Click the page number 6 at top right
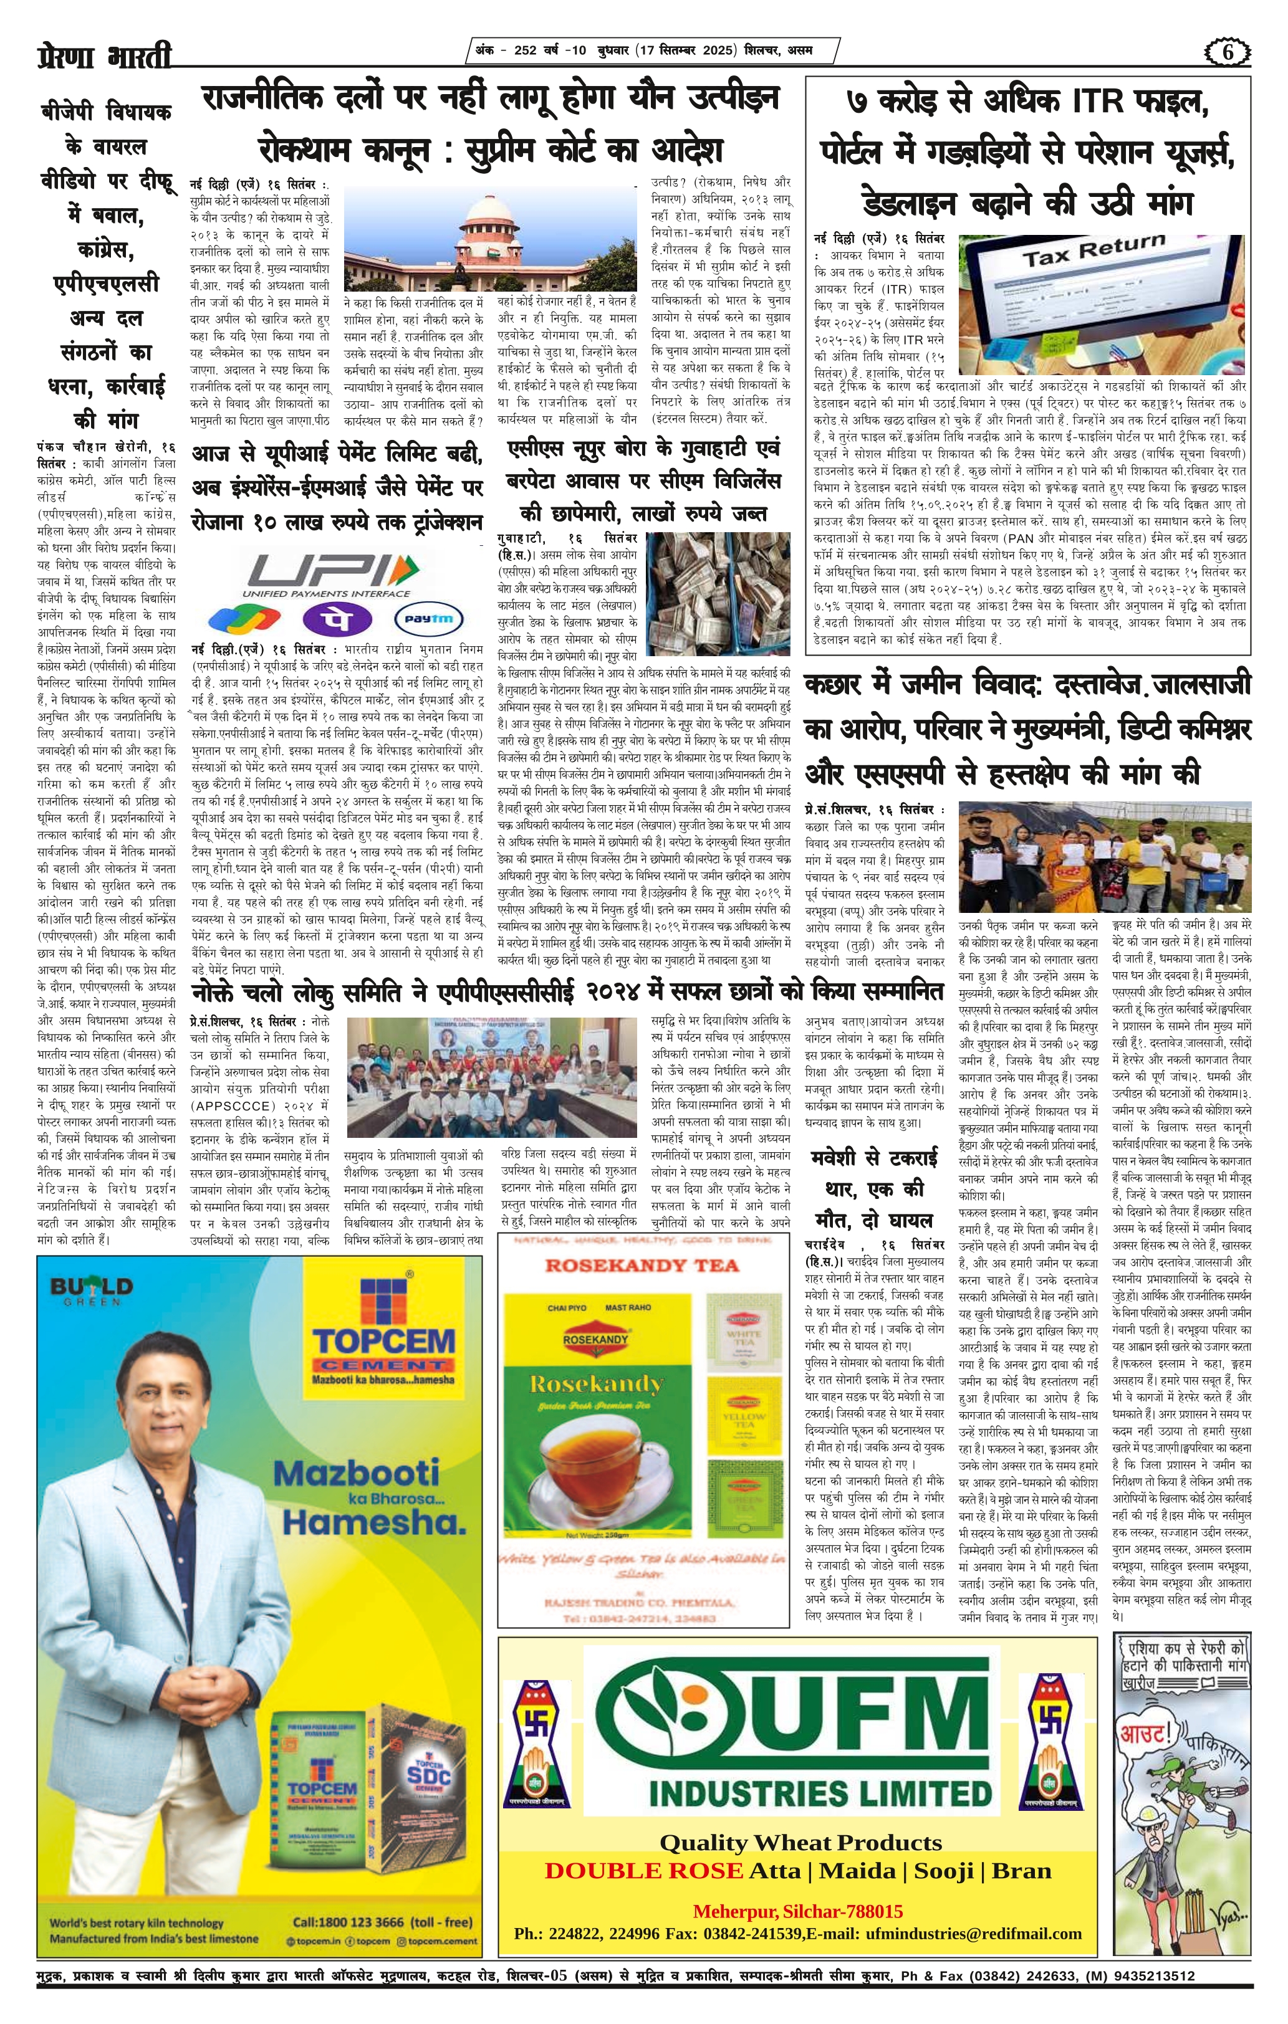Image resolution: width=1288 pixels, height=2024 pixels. pyautogui.click(x=1228, y=52)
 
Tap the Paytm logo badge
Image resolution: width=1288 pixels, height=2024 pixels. pyautogui.click(x=429, y=619)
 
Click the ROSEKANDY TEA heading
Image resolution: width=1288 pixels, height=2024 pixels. pyautogui.click(x=642, y=1266)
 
